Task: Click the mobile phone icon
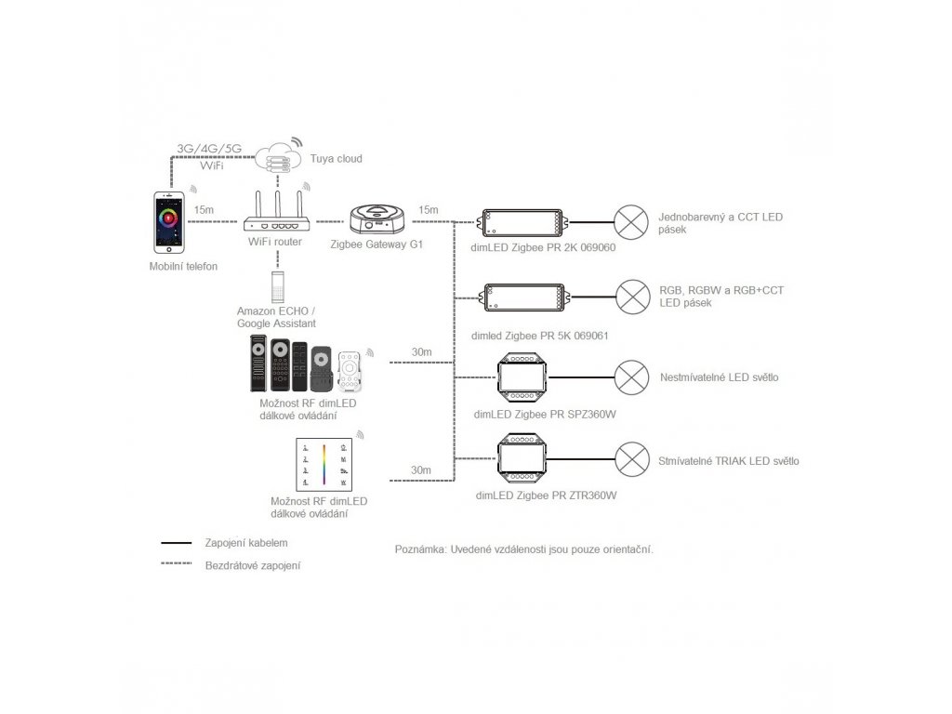coord(169,222)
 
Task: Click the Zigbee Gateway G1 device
coord(377,219)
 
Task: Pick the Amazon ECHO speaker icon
coord(277,286)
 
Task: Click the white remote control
coord(350,370)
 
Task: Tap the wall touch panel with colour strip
coord(324,465)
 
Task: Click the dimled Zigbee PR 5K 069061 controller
coord(525,297)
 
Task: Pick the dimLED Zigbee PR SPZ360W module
coord(522,377)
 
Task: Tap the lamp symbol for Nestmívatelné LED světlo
coord(631,377)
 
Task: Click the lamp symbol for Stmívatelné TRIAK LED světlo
coord(632,459)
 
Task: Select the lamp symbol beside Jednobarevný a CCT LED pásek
coord(631,222)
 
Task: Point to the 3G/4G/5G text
coord(209,148)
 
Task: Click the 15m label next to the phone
coord(204,210)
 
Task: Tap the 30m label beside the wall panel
coord(421,469)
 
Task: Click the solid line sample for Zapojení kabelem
coord(176,543)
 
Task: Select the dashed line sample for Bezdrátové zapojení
coord(176,564)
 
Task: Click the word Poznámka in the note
coord(420,549)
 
